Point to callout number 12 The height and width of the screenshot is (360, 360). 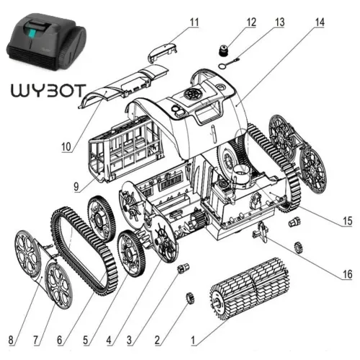pos(250,22)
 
